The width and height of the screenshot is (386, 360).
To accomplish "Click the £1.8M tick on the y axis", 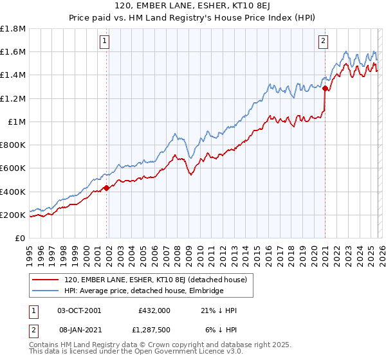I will [14, 29].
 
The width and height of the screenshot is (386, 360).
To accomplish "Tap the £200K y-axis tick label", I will [13, 215].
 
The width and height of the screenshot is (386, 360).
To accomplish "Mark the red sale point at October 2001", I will [106, 188].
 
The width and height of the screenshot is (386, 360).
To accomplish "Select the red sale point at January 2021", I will [325, 88].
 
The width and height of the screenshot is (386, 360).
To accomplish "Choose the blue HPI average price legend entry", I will [143, 291].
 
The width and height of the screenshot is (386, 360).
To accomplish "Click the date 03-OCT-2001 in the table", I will [79, 310].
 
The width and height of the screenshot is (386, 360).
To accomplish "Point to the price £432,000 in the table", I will [154, 310].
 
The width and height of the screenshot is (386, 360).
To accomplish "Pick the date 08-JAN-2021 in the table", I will [79, 329].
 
